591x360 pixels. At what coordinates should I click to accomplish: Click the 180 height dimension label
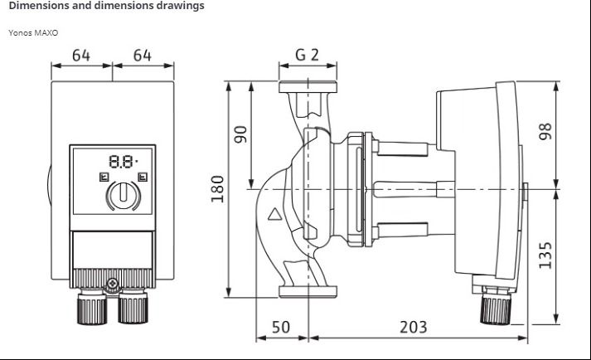tap(217, 188)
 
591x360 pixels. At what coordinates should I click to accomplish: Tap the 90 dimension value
tap(240, 134)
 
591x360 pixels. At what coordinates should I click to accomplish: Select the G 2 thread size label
tap(308, 55)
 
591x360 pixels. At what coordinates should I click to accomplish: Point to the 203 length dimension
tap(414, 327)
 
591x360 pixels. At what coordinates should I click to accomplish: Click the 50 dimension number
tap(281, 327)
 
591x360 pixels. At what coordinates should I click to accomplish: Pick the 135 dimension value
tap(545, 255)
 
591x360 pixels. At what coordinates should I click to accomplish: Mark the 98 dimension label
tap(545, 131)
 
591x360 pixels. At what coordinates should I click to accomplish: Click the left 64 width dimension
tap(81, 56)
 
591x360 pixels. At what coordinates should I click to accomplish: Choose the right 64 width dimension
tap(143, 56)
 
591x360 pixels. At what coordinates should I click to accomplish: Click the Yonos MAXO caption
tap(33, 33)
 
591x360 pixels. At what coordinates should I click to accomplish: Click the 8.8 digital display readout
tap(122, 162)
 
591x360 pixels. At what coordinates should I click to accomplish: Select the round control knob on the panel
tap(124, 195)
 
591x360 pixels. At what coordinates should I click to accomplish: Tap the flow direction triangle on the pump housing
tap(274, 215)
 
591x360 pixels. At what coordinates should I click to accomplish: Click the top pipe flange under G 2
tap(308, 87)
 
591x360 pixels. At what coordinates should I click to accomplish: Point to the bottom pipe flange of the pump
tap(308, 292)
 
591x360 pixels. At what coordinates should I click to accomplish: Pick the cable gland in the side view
tap(496, 305)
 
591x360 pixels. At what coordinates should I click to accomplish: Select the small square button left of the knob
tap(104, 177)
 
